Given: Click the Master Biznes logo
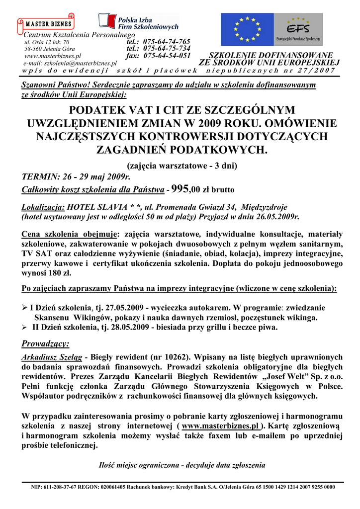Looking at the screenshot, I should click(x=47, y=23).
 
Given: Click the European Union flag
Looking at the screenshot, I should click(x=247, y=29).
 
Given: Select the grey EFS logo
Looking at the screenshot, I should click(x=299, y=29).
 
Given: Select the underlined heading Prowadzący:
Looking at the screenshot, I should click(x=46, y=343).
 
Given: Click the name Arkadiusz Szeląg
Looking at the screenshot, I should click(x=52, y=357).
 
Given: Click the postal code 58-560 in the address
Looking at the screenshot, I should click(x=34, y=49).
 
